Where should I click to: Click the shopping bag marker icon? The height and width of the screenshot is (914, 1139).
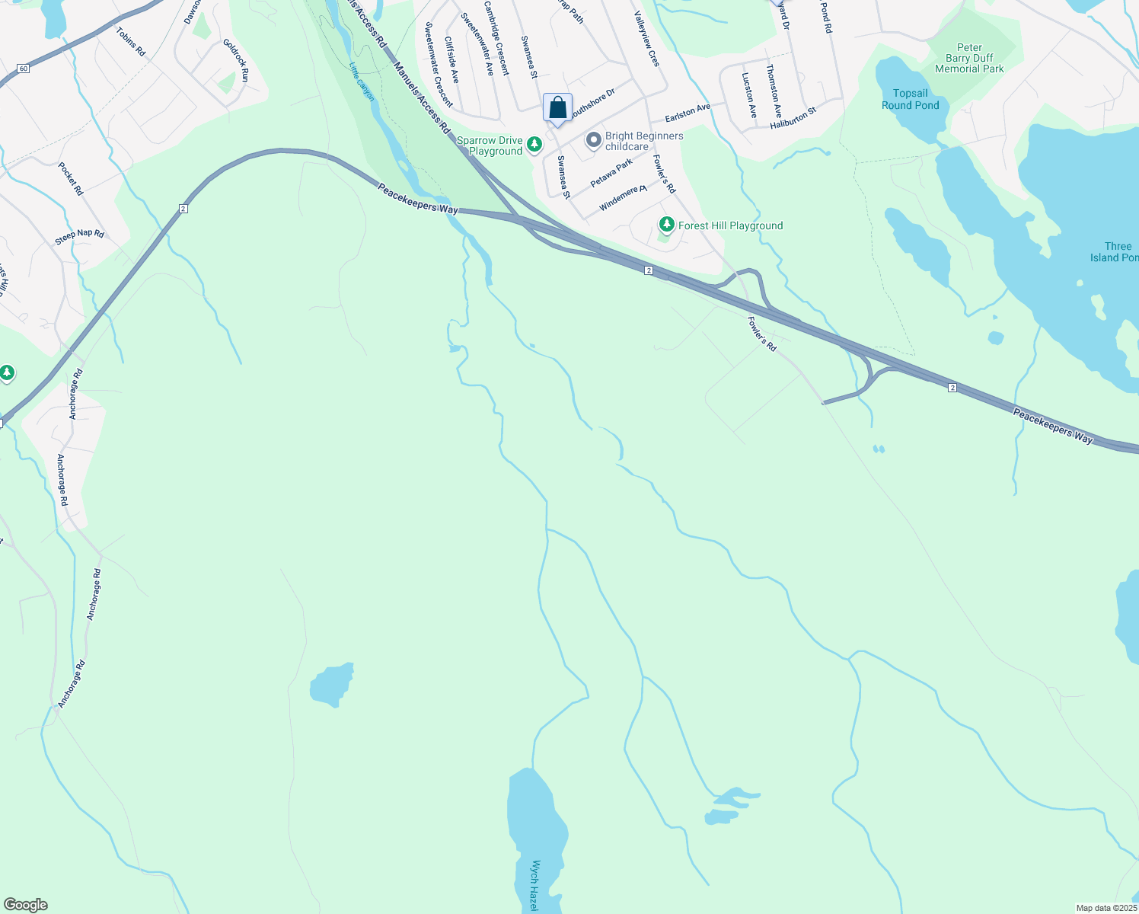click(x=557, y=107)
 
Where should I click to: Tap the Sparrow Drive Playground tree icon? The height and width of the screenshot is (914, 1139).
click(x=535, y=143)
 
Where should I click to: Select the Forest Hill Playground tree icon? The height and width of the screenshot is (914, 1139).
click(x=667, y=225)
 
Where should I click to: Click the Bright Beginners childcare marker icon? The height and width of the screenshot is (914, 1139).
click(x=594, y=140)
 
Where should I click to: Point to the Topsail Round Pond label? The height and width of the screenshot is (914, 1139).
click(x=911, y=100)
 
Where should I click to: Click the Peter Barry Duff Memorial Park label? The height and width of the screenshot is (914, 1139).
click(x=969, y=58)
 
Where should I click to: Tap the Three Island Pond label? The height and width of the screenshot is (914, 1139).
click(x=1116, y=252)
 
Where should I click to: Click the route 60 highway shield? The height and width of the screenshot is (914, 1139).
click(x=24, y=69)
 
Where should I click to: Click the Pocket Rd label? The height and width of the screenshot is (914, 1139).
click(x=70, y=178)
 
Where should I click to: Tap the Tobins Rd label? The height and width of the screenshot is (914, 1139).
click(x=130, y=41)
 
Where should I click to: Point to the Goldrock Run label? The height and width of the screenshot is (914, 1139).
click(x=236, y=60)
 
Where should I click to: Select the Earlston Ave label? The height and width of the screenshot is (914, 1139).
click(x=687, y=113)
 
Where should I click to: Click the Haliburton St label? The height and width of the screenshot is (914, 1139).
click(x=793, y=117)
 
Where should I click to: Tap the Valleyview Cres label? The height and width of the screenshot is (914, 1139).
click(x=647, y=39)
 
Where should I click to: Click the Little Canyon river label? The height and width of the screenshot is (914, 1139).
click(x=362, y=81)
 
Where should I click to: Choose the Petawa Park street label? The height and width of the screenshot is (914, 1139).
click(x=611, y=173)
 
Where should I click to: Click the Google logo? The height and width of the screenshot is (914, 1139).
click(x=25, y=905)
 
